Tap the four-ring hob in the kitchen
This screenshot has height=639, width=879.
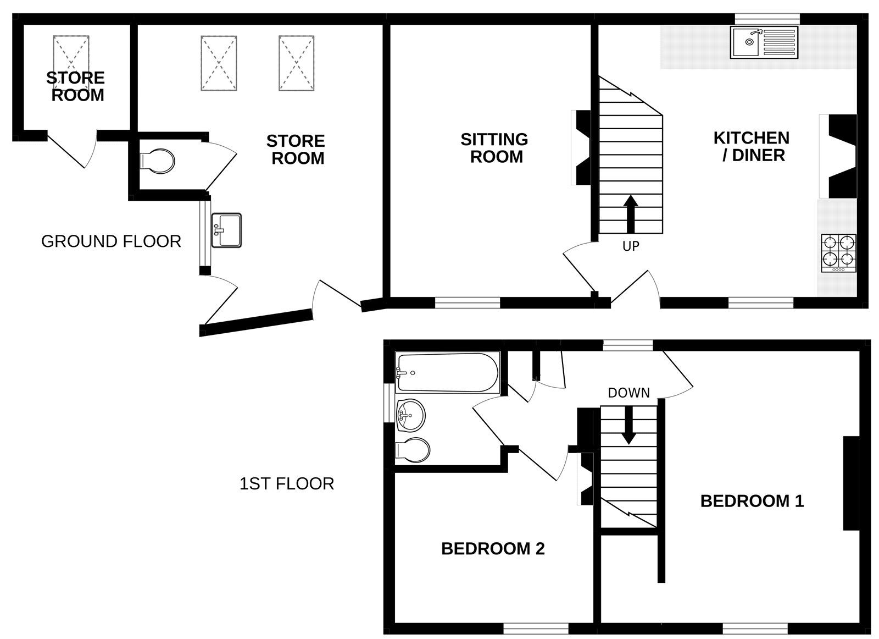tap(838, 252)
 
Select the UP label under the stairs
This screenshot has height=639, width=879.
tap(631, 246)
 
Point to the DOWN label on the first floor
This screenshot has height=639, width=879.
tap(628, 393)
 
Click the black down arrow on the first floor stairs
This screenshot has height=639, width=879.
tap(628, 427)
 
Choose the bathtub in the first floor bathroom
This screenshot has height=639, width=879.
tap(447, 373)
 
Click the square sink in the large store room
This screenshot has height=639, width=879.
tap(226, 230)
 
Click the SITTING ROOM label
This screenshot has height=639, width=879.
tap(494, 148)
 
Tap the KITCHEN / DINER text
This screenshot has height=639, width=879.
tap(752, 146)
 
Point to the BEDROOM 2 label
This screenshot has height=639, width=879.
tap(493, 548)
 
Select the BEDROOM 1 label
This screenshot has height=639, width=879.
tap(752, 501)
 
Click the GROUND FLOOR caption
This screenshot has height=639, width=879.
tap(111, 241)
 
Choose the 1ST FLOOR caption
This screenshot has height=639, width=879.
tap(287, 484)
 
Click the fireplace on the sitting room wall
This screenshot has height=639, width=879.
tap(581, 148)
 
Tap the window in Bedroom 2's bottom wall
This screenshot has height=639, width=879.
tap(536, 626)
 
